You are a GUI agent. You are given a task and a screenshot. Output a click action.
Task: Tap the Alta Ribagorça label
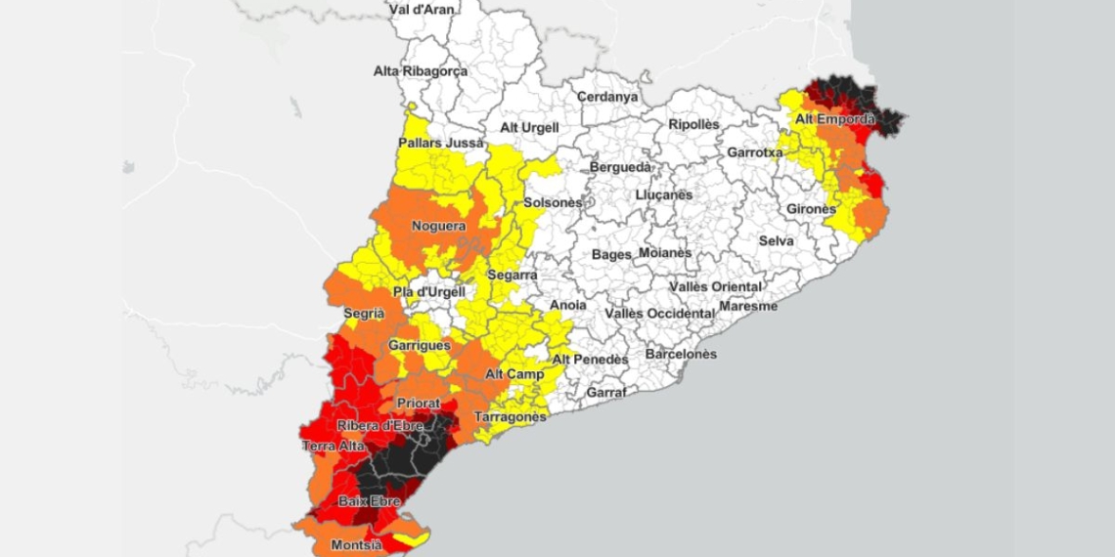tap(421, 71)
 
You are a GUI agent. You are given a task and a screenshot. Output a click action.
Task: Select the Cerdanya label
tap(607, 97)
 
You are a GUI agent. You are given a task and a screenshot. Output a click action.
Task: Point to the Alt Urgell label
tap(529, 127)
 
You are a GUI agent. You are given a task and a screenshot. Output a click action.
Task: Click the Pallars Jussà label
tap(440, 143)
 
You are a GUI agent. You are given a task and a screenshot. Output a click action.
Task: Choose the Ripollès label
tap(693, 124)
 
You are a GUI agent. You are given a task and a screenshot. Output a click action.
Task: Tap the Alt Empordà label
tap(834, 119)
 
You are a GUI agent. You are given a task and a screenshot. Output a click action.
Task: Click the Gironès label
tap(811, 209)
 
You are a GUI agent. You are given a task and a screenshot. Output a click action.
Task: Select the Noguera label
tap(438, 226)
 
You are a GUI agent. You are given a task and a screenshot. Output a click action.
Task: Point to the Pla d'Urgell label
tap(428, 291)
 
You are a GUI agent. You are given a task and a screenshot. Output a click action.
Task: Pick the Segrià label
tap(364, 313)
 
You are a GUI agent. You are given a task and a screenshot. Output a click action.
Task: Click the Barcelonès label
tap(681, 354)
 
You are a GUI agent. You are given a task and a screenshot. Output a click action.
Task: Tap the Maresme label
tap(748, 306)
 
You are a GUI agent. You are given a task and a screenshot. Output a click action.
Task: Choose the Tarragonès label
tap(510, 417)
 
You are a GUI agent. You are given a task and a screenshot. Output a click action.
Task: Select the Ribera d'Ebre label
tap(379, 425)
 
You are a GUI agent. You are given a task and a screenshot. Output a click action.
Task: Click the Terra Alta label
tap(333, 446)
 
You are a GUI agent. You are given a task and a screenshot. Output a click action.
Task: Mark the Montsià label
tap(356, 544)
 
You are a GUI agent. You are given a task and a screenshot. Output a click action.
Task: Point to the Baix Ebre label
tap(369, 501)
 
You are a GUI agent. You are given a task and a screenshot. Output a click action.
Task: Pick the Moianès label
tap(665, 253)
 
